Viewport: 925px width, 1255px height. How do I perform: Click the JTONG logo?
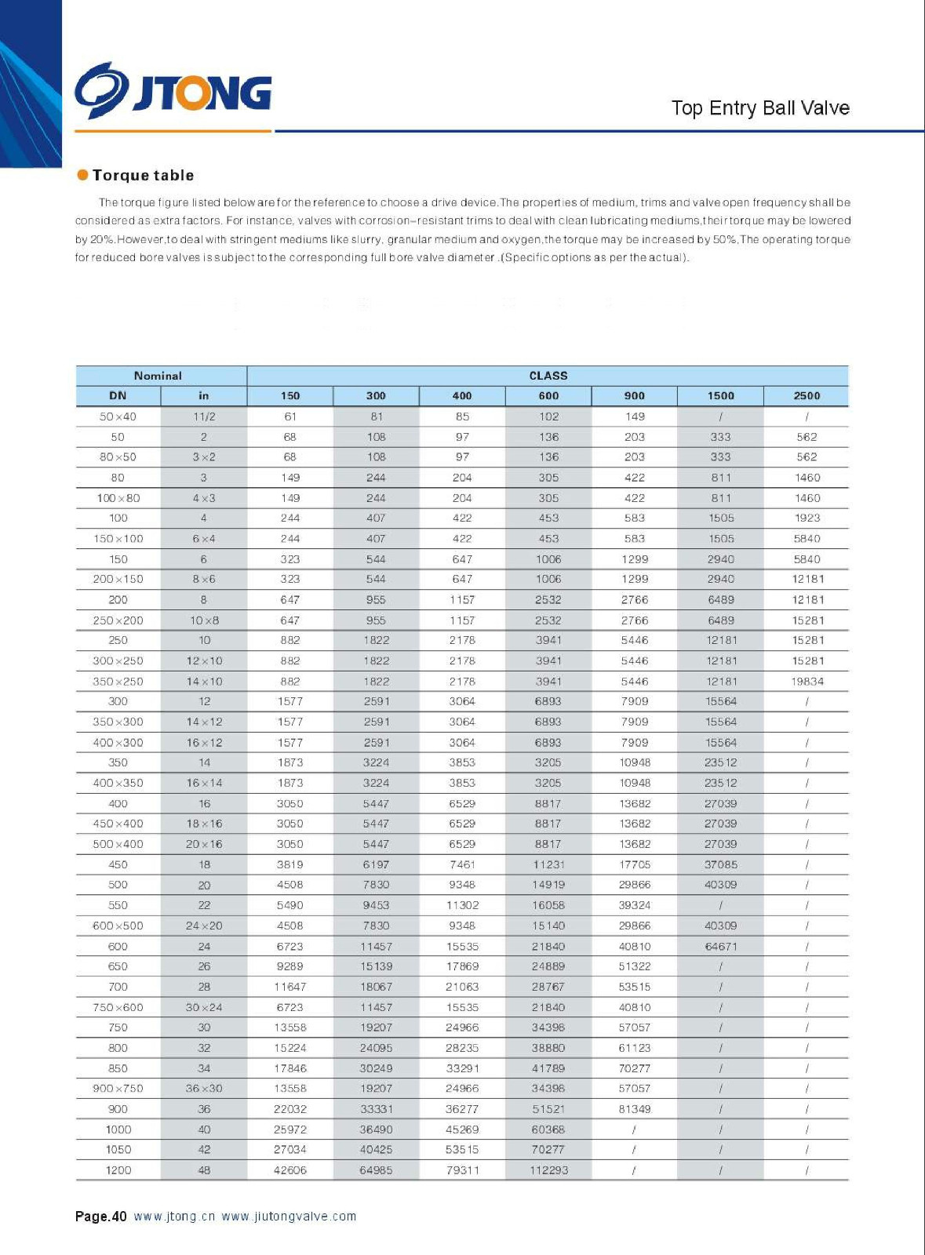click(x=173, y=91)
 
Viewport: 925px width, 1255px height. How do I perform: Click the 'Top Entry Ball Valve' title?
click(x=759, y=108)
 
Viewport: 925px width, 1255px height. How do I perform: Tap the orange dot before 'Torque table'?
click(x=82, y=175)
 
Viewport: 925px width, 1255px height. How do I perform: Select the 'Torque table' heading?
click(x=143, y=176)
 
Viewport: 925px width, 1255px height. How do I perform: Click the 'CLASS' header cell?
click(x=548, y=376)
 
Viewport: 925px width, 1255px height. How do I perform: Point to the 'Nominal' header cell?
click(x=158, y=376)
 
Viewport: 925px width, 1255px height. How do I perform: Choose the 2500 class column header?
click(x=807, y=396)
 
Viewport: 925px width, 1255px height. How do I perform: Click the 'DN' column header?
click(x=118, y=396)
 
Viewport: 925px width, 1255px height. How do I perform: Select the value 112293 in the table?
click(x=548, y=1170)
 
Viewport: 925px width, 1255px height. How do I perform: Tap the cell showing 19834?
click(x=807, y=682)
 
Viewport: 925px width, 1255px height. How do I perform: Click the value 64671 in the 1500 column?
click(x=720, y=947)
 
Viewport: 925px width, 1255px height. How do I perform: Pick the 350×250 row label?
click(x=118, y=682)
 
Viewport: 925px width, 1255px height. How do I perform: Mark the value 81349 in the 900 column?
click(x=634, y=1109)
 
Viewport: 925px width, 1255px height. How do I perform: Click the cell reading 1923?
click(x=807, y=518)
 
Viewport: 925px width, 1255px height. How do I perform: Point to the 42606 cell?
click(x=290, y=1170)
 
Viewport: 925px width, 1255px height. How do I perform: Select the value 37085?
click(x=720, y=864)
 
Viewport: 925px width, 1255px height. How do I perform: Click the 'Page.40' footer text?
click(x=100, y=1217)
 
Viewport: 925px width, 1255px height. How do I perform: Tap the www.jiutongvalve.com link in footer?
click(x=289, y=1217)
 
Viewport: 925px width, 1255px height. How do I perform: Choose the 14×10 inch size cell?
click(x=204, y=682)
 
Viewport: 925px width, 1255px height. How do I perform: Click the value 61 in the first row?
click(x=290, y=417)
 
